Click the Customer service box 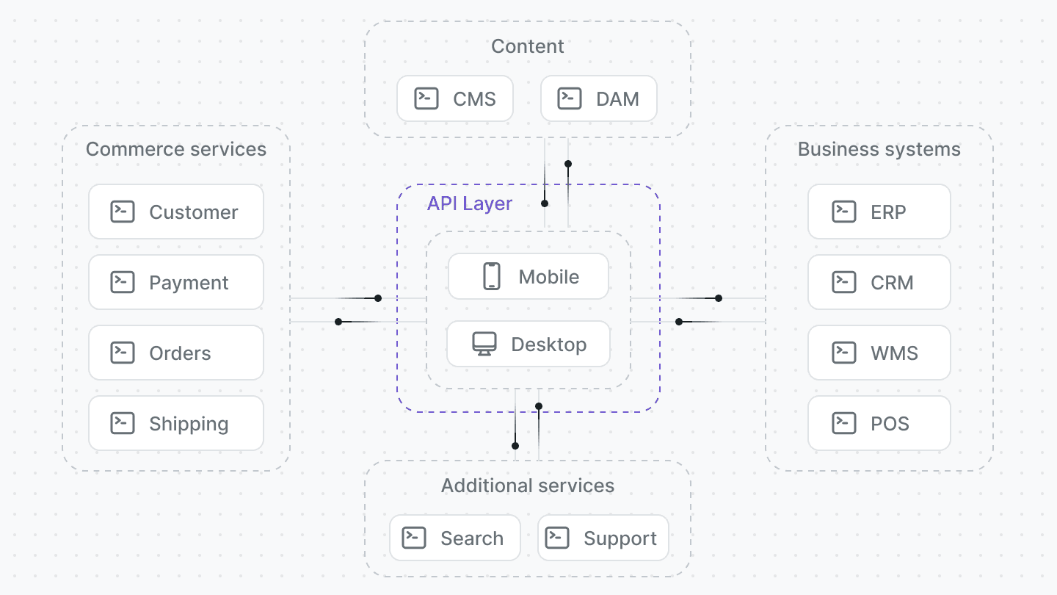[176, 212]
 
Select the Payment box [176, 282]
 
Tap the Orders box [176, 353]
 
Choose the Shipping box [176, 423]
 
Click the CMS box [455, 98]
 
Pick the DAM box [599, 98]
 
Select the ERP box [879, 212]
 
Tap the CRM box [879, 282]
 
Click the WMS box [879, 353]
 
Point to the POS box [879, 423]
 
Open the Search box [455, 538]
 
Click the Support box [603, 538]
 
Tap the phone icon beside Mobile [491, 276]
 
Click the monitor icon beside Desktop [484, 344]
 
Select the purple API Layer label [470, 203]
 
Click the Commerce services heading [176, 149]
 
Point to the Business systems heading [879, 149]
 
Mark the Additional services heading [528, 486]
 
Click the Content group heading [528, 46]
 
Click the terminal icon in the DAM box [570, 98]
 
